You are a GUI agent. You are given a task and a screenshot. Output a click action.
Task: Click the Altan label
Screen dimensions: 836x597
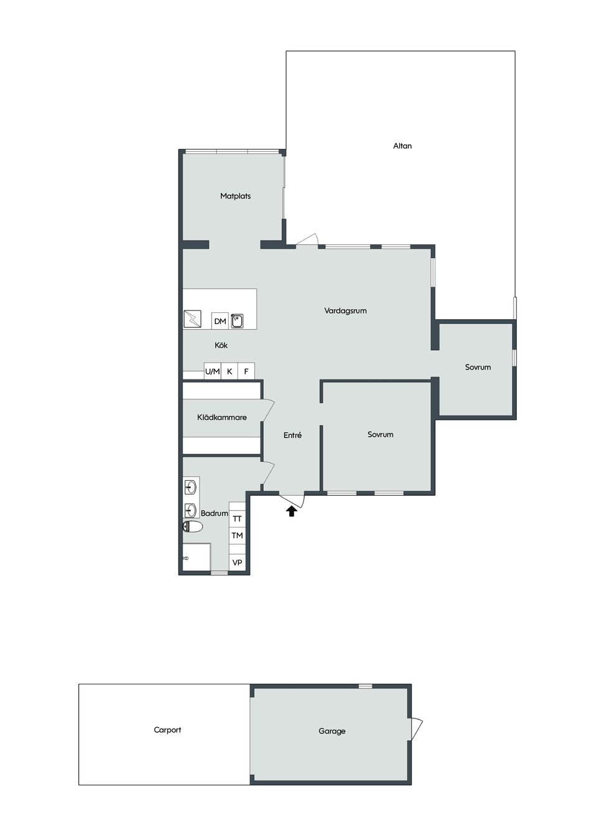pyautogui.click(x=402, y=146)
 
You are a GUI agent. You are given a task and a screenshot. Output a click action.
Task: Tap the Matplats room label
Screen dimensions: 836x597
pyautogui.click(x=236, y=196)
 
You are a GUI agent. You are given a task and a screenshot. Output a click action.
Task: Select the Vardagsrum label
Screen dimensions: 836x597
pyautogui.click(x=346, y=310)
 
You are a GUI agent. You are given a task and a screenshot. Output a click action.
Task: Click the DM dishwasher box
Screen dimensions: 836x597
pyautogui.click(x=220, y=321)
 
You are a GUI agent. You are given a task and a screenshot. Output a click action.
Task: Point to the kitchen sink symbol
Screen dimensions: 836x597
pyautogui.click(x=237, y=321)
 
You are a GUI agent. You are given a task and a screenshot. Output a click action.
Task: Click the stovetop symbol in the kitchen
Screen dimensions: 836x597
pyautogui.click(x=193, y=319)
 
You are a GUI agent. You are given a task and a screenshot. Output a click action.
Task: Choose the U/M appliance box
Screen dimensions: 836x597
pyautogui.click(x=213, y=371)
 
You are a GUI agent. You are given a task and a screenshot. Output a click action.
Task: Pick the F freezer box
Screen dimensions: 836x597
pyautogui.click(x=246, y=371)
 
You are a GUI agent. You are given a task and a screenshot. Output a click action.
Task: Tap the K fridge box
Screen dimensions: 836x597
pyautogui.click(x=229, y=371)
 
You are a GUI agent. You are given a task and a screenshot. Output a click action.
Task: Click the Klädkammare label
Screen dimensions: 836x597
pyautogui.click(x=222, y=417)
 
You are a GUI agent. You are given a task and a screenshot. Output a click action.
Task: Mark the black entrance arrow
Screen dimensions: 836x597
pyautogui.click(x=291, y=511)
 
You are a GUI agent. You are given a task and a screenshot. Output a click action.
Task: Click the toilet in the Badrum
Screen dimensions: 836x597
pyautogui.click(x=193, y=527)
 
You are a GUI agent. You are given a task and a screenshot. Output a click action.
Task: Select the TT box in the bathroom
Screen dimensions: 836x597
pyautogui.click(x=237, y=518)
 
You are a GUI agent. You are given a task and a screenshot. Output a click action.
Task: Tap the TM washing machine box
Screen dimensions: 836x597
pyautogui.click(x=237, y=536)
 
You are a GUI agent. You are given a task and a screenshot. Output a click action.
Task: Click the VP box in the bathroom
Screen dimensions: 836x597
pyautogui.click(x=237, y=562)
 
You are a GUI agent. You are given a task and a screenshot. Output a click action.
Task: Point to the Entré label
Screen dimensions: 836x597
pyautogui.click(x=292, y=435)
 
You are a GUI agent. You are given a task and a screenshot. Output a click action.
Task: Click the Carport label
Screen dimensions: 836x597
pyautogui.click(x=167, y=730)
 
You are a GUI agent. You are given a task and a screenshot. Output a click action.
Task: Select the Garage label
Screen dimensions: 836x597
pyautogui.click(x=332, y=731)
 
